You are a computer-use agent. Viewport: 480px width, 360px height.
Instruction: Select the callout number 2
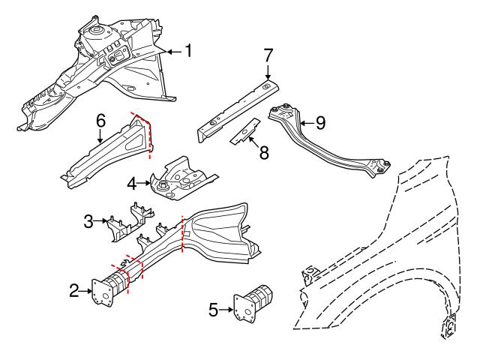73,290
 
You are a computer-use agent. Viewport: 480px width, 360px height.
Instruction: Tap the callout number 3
88,221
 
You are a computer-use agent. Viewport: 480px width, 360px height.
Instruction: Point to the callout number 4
131,182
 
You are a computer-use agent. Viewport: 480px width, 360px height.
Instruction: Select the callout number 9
320,121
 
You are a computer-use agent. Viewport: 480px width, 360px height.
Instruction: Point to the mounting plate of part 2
100,292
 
